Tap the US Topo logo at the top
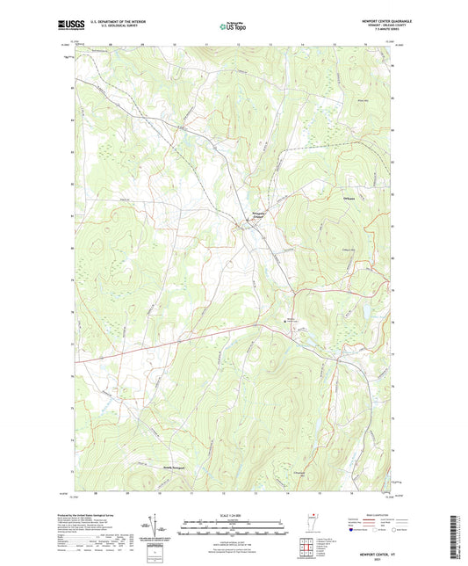(x=233, y=26)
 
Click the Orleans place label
(x=348, y=200)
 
